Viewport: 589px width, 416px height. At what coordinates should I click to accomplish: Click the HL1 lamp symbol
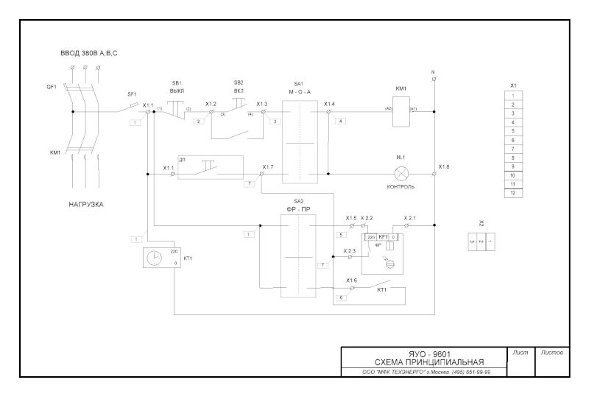402,174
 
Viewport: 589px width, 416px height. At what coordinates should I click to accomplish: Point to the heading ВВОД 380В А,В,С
89,54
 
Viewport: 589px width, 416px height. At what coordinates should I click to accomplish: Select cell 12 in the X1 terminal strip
513,193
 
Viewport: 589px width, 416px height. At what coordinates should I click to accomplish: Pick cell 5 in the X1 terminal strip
513,131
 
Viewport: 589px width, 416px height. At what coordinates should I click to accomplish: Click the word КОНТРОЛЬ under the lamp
401,187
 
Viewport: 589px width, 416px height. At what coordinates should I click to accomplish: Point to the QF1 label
52,86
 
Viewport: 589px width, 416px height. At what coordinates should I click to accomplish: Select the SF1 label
133,94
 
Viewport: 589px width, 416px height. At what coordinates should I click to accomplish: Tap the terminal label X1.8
444,167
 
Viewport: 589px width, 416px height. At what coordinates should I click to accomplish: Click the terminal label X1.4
329,104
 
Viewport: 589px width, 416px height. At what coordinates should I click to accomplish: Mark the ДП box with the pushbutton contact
210,168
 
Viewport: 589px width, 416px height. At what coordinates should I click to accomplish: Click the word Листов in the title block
551,354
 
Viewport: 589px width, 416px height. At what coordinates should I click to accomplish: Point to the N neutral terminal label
434,72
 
